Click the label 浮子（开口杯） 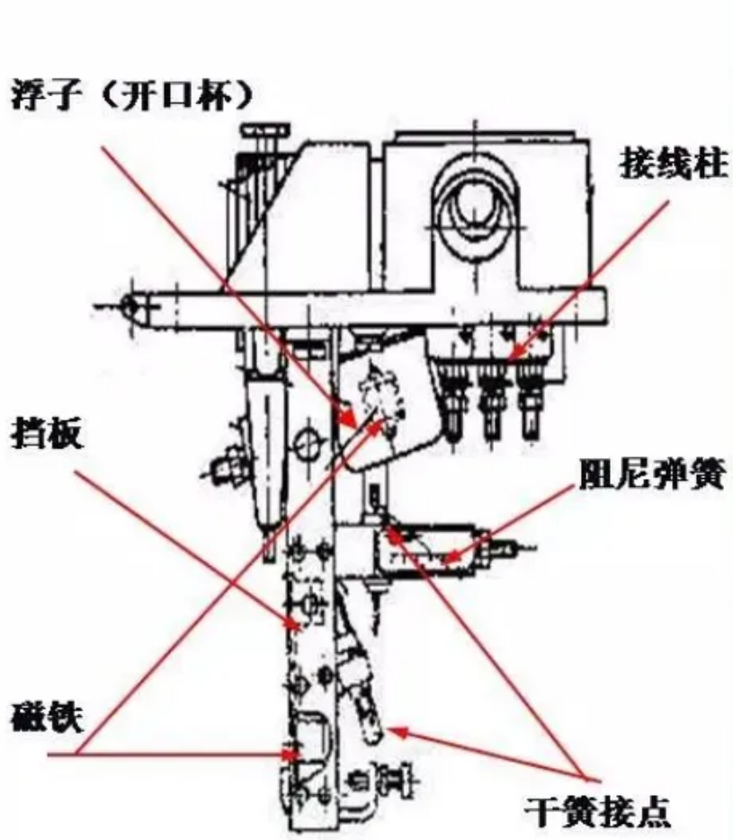click(x=130, y=96)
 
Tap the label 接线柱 click(x=674, y=164)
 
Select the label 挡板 click(x=47, y=434)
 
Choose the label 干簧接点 click(x=597, y=811)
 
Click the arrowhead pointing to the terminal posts click(x=516, y=351)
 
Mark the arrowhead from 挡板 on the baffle click(x=292, y=623)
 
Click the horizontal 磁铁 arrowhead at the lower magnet click(x=291, y=755)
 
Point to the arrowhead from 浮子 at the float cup click(x=349, y=417)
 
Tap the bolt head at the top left click(x=264, y=130)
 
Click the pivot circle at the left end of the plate click(x=130, y=307)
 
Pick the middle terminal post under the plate click(x=492, y=399)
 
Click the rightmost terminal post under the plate click(x=529, y=399)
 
